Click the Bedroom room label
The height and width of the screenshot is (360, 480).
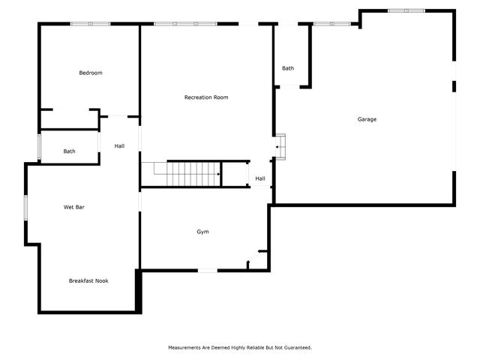(91, 73)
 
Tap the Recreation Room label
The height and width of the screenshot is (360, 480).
(206, 97)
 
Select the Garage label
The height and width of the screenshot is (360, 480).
(367, 119)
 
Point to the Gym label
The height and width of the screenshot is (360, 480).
(202, 232)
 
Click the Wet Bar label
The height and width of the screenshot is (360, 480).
(73, 206)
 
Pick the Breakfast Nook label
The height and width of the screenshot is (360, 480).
(88, 280)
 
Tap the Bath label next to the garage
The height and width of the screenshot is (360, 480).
(288, 68)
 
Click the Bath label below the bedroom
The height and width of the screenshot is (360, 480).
(69, 151)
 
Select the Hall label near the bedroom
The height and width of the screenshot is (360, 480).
(119, 145)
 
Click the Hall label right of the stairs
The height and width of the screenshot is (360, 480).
(260, 178)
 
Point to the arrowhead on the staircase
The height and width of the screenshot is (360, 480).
(218, 175)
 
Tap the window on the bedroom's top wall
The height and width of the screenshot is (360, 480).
(91, 24)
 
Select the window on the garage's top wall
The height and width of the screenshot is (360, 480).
(406, 10)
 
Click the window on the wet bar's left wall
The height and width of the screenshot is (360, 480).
(25, 208)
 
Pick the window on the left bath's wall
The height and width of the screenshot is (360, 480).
(39, 146)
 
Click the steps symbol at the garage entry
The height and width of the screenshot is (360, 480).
(280, 146)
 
